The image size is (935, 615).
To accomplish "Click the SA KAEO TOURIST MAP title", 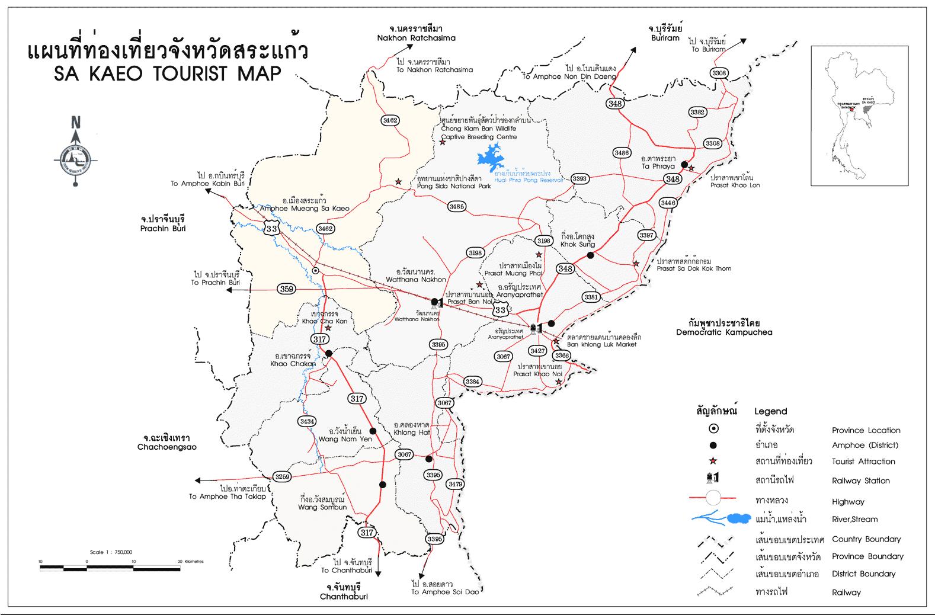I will pos(168,74).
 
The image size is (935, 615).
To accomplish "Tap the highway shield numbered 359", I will pos(287,289).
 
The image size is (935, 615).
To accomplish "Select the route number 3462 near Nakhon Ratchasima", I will pos(390,120).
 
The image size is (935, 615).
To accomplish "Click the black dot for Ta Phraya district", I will pos(684,164).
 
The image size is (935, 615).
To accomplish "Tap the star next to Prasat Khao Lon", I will pos(691,169).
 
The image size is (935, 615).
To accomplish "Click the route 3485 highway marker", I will pos(457,207).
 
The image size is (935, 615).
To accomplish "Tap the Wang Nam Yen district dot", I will pos(373,431).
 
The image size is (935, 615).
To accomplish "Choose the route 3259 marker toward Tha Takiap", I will pos(283,477).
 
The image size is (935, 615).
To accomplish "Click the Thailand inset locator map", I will pos(859,110).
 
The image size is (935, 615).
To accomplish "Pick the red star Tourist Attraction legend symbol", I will pos(713,461).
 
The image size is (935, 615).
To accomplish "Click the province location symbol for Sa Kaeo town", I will pos(316,270).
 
